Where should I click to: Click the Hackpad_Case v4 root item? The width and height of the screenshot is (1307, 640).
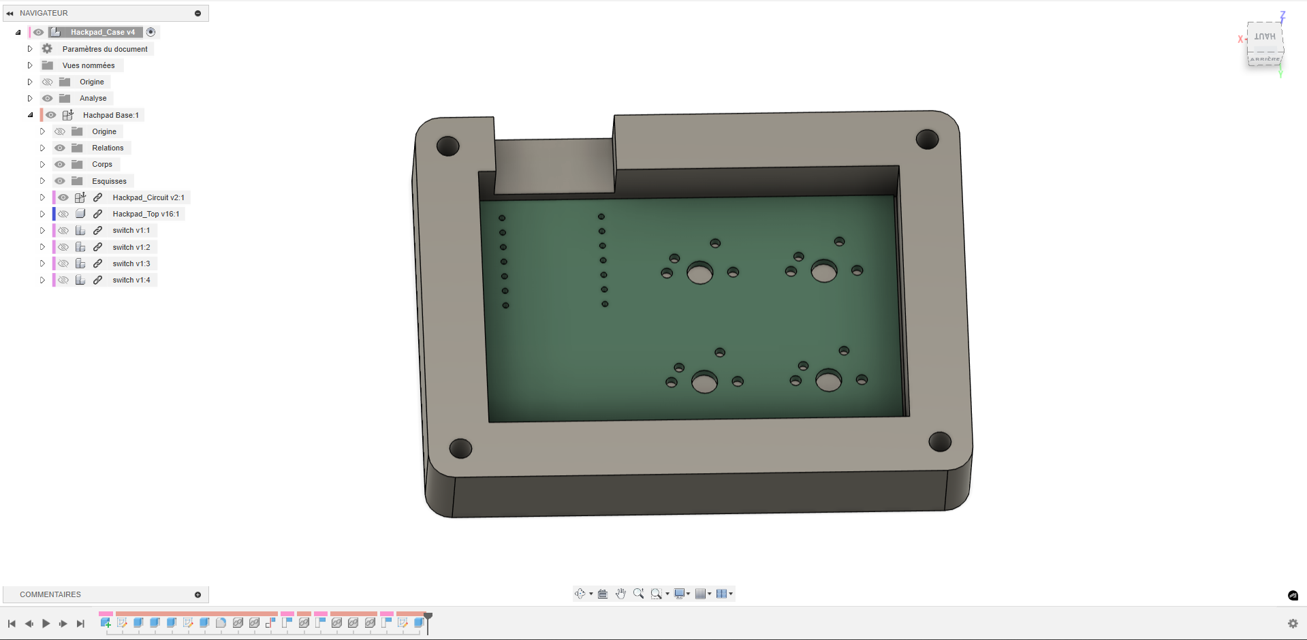(102, 32)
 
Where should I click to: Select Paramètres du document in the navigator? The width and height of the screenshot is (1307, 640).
(105, 49)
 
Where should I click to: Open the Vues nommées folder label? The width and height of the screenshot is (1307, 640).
(89, 65)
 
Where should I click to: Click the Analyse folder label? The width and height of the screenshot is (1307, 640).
(93, 98)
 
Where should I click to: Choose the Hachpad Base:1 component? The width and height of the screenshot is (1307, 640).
(110, 115)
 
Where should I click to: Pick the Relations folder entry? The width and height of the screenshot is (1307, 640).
(108, 148)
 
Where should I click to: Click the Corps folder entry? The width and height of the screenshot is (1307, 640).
(102, 164)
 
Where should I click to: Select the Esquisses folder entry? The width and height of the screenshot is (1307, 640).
(109, 181)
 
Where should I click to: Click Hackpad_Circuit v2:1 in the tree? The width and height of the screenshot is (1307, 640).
(148, 197)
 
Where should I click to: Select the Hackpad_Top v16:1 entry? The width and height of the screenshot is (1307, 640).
(146, 214)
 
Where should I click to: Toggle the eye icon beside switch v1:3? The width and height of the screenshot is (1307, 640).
(63, 263)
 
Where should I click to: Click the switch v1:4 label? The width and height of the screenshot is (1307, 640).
(131, 280)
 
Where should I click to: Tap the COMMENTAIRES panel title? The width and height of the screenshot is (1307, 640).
(50, 594)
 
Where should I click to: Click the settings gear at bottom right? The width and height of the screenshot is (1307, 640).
(1293, 624)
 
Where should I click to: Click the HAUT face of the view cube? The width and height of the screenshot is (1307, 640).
(1265, 37)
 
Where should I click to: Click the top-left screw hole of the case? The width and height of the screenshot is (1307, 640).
(447, 146)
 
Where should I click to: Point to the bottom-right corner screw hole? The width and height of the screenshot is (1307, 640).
(940, 442)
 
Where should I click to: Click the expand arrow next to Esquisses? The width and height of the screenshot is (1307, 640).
(42, 181)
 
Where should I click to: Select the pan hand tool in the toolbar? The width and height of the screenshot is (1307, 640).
(620, 594)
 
